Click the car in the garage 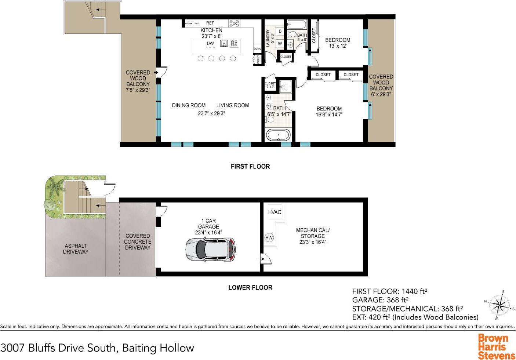(x=210, y=249)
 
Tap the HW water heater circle (x=269, y=238)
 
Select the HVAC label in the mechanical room (x=275, y=212)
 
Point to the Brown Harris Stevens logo (x=496, y=347)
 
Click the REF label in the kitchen (x=210, y=23)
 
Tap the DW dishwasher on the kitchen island (x=210, y=44)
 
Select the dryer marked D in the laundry (x=280, y=32)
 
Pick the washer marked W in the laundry (x=280, y=43)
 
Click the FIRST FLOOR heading (x=250, y=167)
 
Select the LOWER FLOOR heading (x=250, y=288)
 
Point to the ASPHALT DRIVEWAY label (x=76, y=249)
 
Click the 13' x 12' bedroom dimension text (x=338, y=46)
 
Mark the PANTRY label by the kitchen (x=258, y=59)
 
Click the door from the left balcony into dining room (x=161, y=71)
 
